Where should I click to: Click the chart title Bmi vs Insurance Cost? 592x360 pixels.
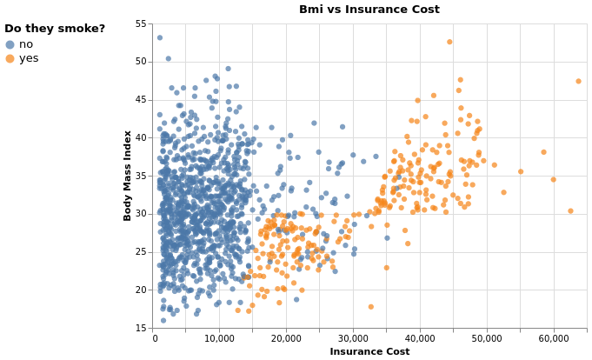click(370, 10)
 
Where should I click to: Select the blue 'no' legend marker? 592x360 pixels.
click(10, 44)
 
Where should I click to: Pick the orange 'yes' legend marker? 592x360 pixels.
click(10, 58)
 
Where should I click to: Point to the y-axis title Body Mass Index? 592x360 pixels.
click(128, 176)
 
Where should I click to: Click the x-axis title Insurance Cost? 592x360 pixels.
click(370, 351)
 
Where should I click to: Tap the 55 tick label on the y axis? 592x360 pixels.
click(143, 24)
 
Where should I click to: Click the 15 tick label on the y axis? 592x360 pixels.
click(143, 328)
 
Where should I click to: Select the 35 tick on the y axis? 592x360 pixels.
click(143, 176)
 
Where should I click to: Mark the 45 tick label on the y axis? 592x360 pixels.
click(143, 100)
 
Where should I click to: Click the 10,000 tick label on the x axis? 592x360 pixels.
click(221, 339)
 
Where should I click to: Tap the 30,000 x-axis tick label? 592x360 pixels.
click(353, 339)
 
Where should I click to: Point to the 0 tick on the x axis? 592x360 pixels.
click(155, 339)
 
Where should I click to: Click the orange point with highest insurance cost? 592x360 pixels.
click(578, 81)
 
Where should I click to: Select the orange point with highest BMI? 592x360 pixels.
click(449, 42)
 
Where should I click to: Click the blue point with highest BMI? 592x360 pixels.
click(159, 37)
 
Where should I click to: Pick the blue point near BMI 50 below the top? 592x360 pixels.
click(169, 59)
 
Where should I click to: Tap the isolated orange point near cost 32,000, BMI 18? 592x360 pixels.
click(370, 306)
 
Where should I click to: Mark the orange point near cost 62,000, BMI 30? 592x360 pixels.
click(570, 210)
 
